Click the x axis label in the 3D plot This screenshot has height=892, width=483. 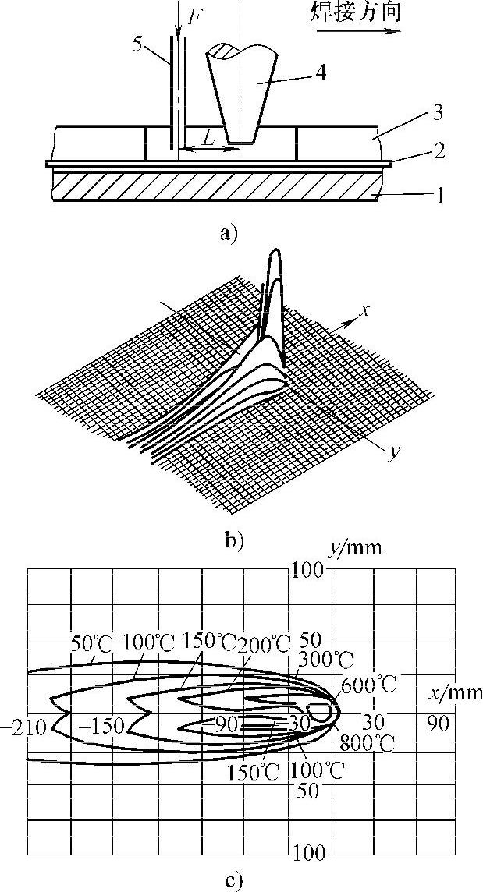[x=363, y=310]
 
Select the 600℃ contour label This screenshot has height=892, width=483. [x=369, y=686]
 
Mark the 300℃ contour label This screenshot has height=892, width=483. [x=321, y=659]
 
